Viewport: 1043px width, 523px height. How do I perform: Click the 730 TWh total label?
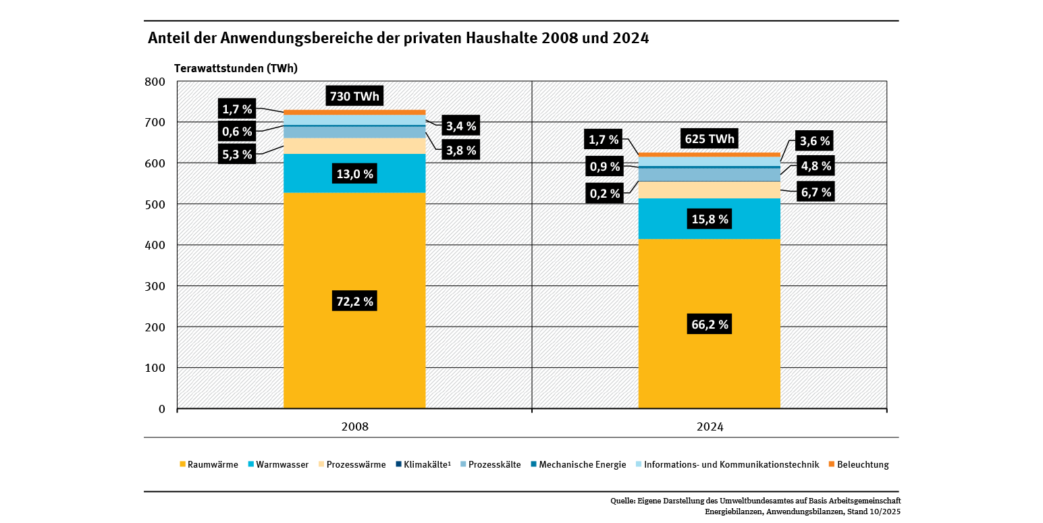(354, 97)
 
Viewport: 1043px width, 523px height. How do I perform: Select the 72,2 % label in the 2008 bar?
(354, 302)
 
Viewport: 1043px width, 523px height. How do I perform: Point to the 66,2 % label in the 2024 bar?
(710, 325)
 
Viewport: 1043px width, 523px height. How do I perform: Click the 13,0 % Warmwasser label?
(354, 174)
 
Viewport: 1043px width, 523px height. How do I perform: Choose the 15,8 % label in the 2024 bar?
(710, 219)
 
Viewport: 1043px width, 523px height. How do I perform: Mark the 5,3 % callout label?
(237, 155)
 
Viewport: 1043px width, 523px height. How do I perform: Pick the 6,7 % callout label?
(815, 192)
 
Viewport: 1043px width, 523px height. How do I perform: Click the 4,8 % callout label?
(815, 165)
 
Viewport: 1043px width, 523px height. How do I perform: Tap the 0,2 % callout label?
(604, 194)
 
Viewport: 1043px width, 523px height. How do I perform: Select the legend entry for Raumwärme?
(209, 465)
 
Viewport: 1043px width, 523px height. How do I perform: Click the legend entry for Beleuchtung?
(858, 465)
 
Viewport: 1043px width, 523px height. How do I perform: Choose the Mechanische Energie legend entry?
(578, 465)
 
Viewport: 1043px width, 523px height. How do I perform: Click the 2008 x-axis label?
(354, 427)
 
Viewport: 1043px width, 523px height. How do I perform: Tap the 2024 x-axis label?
(710, 427)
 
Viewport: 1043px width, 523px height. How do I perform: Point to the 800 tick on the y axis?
(155, 82)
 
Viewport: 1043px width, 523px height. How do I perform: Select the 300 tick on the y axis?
(155, 286)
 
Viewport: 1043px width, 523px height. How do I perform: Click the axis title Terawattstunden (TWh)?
(236, 68)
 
